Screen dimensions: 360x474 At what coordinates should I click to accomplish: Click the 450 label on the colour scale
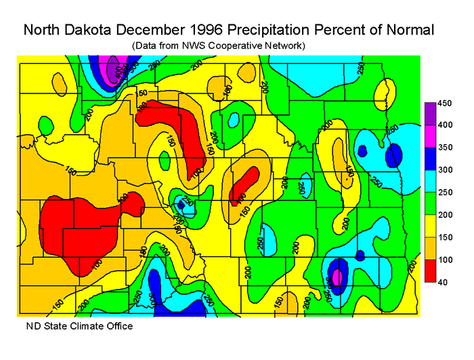coord(445,104)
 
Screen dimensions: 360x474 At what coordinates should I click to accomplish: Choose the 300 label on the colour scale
coord(445,170)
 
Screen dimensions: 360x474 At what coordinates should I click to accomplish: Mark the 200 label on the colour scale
coord(445,215)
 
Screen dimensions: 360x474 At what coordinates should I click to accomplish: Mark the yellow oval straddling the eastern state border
coord(384,95)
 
